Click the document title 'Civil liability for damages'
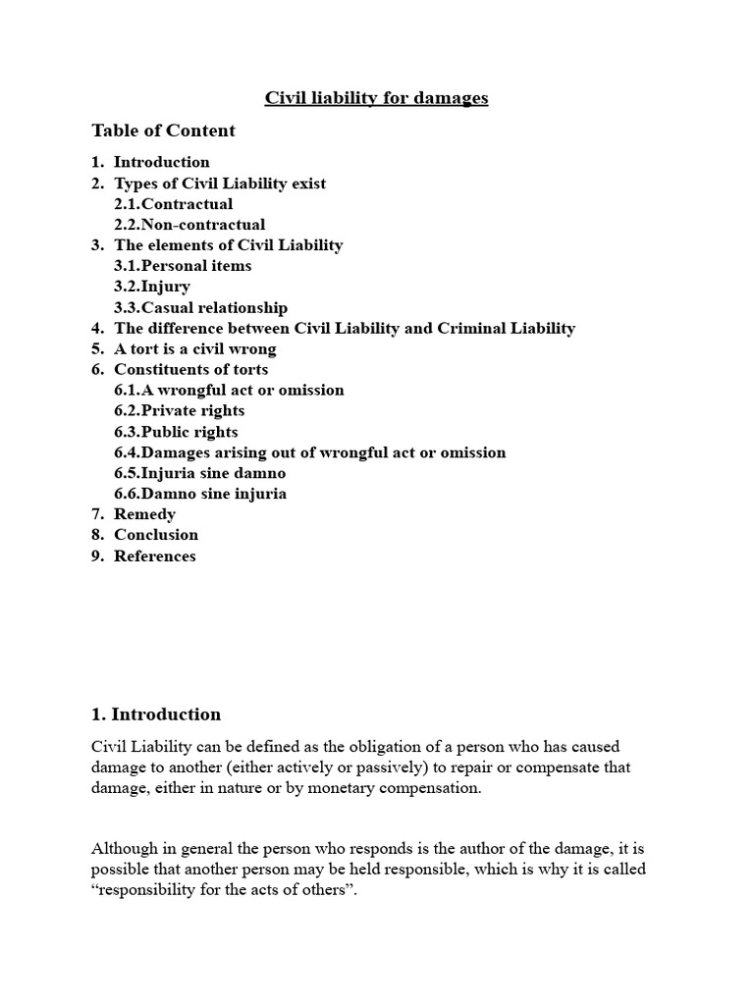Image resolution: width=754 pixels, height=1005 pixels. click(376, 98)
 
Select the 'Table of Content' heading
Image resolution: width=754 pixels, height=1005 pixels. click(163, 131)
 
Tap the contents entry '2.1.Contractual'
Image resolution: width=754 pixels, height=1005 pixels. click(173, 204)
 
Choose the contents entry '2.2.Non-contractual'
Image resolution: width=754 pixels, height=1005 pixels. click(189, 225)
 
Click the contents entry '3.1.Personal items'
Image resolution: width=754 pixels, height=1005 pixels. click(183, 266)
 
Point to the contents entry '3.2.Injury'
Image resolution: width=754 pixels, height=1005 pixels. click(152, 287)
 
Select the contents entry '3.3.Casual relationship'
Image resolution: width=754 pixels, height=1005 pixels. click(200, 308)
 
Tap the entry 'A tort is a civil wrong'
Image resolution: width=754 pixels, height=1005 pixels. click(195, 349)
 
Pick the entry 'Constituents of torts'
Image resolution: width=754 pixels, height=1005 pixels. click(190, 370)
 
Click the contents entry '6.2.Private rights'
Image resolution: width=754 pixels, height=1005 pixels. click(180, 411)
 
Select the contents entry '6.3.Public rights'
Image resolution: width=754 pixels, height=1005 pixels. click(176, 432)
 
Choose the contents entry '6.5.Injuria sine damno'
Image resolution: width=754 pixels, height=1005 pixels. click(199, 473)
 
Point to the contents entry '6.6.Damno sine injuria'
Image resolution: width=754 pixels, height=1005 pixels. click(200, 494)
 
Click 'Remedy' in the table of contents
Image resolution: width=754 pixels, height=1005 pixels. click(144, 514)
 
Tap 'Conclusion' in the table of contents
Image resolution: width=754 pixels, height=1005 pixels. click(156, 535)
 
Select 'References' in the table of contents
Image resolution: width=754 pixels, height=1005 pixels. click(155, 556)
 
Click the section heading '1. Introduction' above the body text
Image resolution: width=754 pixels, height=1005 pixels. click(156, 714)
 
